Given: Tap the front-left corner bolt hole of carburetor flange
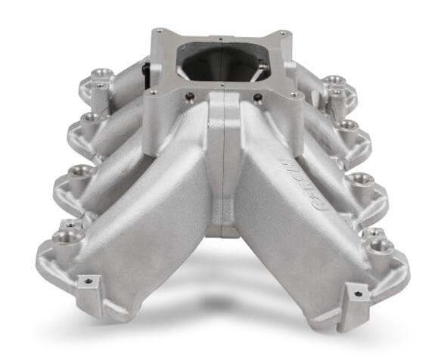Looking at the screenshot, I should pos(152,93).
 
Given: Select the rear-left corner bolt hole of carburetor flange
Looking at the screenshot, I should pos(160,33).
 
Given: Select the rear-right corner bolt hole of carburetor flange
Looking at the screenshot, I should pos(281,33).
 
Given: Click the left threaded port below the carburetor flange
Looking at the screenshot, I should pos(188,97).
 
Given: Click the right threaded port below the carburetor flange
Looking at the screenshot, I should pos(257,98).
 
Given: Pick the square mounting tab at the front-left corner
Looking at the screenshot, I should pos(88,286).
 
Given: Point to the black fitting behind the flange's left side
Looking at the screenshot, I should pos(146,70).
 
